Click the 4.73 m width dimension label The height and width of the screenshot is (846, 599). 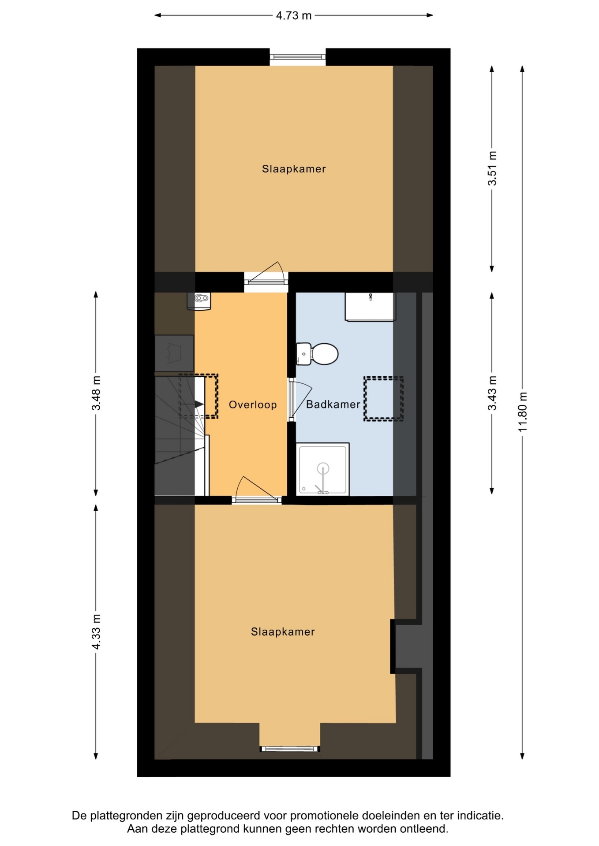(293, 16)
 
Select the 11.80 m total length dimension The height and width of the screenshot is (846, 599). (523, 412)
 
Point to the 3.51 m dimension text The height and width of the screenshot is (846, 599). (492, 168)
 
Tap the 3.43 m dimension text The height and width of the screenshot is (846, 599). (492, 393)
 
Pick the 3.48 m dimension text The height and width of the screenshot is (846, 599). (96, 393)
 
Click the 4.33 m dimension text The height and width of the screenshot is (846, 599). (96, 631)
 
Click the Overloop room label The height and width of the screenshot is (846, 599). (253, 404)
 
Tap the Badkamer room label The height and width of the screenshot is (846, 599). (333, 404)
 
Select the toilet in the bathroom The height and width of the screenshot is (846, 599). (317, 354)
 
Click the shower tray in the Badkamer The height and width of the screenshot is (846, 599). (323, 469)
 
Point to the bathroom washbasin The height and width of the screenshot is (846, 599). (370, 307)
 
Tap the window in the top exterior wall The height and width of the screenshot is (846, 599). (298, 57)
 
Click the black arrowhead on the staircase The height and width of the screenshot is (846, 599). (199, 404)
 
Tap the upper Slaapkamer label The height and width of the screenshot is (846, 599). (294, 169)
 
